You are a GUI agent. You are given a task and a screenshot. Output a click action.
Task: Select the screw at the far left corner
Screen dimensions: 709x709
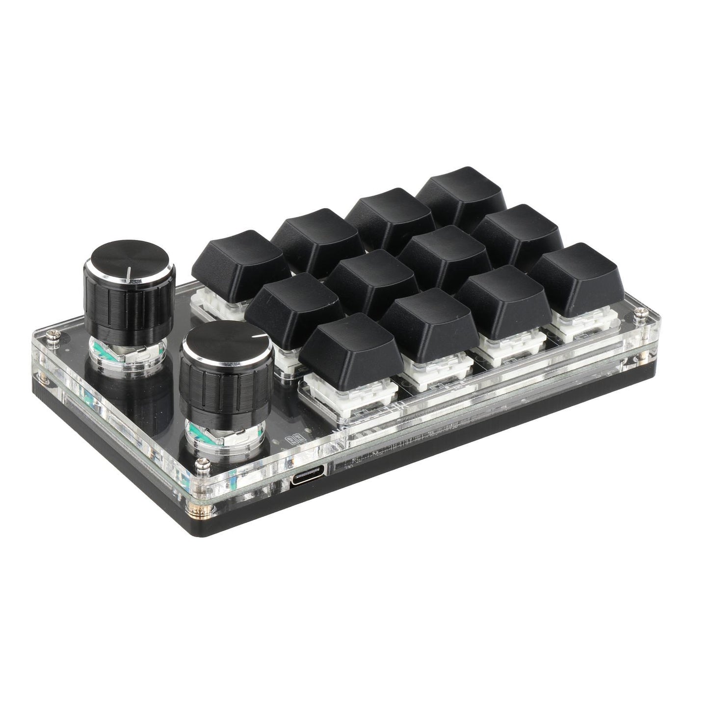click(x=52, y=335)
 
